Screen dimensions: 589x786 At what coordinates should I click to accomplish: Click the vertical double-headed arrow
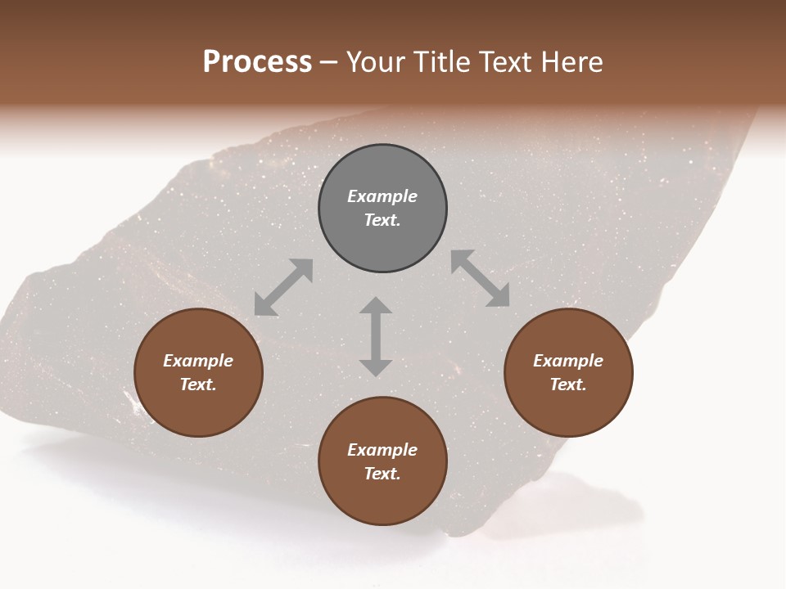(x=376, y=336)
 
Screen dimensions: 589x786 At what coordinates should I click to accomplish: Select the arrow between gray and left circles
(x=283, y=287)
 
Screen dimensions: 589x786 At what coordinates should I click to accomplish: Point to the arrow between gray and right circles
(x=480, y=278)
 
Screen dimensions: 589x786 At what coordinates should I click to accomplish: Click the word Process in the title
(x=257, y=61)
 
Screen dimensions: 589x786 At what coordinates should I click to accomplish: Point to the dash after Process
(x=329, y=62)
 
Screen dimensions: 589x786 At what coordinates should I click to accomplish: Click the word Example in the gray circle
(x=382, y=196)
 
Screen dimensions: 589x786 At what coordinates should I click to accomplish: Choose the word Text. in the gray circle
(x=382, y=220)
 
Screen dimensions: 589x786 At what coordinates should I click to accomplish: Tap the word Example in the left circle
(x=198, y=361)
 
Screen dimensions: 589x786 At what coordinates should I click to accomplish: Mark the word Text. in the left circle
(x=198, y=384)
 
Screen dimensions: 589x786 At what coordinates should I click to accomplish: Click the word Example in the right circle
(x=568, y=361)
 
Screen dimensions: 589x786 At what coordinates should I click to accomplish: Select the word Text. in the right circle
(x=568, y=384)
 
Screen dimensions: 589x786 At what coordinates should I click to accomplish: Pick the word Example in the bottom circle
(x=382, y=450)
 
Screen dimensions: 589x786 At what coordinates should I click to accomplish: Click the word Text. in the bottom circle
(x=382, y=474)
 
